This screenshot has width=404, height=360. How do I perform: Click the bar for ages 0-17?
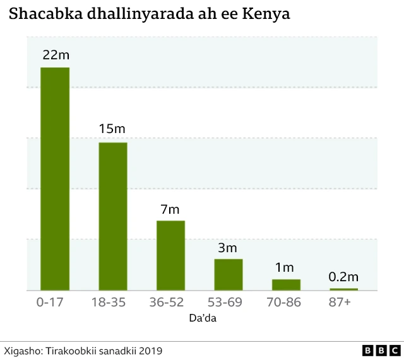[55, 178]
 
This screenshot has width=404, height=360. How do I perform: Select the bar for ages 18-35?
[112, 216]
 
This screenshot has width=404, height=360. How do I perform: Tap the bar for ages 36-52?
[170, 255]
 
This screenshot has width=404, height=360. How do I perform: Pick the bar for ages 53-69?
[228, 274]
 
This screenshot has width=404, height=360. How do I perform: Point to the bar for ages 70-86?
[286, 284]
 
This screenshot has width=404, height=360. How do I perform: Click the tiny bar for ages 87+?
[343, 289]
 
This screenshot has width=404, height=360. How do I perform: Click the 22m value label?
[56, 55]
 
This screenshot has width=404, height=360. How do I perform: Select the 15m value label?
[112, 129]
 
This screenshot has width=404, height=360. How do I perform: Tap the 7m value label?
[170, 209]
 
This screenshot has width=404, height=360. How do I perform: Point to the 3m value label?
[228, 247]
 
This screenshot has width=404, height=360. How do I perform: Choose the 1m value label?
[285, 267]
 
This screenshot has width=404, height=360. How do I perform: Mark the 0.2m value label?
[343, 277]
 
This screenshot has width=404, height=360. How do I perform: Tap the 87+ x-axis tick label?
[339, 303]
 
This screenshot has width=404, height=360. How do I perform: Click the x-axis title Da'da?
[203, 318]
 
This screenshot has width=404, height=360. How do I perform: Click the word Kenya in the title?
[266, 14]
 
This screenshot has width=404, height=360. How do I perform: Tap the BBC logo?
[381, 350]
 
